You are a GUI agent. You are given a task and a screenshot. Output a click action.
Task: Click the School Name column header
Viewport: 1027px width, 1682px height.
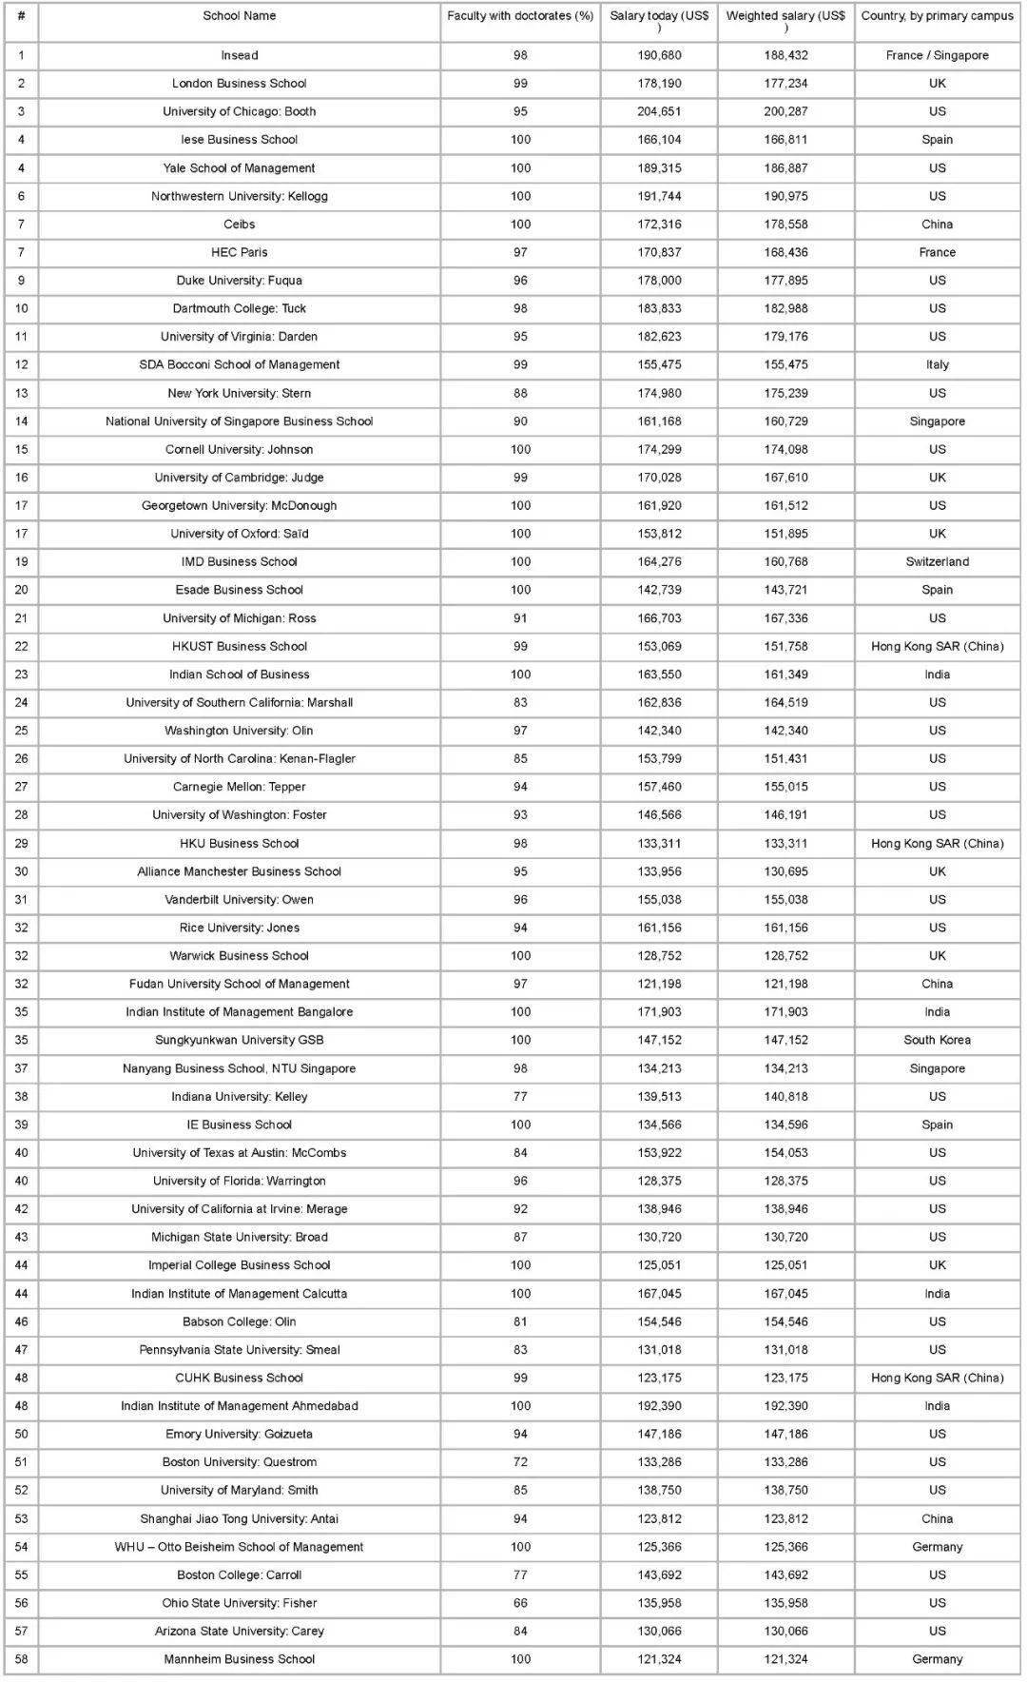pos(239,16)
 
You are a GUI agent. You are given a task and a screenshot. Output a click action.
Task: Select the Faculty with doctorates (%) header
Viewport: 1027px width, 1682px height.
pos(520,16)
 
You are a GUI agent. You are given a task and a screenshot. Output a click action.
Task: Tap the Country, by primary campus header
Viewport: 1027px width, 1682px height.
pos(937,16)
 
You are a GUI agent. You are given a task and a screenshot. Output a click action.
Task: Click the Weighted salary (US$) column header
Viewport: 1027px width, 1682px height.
pos(785,21)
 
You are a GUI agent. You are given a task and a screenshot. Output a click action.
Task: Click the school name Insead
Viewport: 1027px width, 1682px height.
pos(239,55)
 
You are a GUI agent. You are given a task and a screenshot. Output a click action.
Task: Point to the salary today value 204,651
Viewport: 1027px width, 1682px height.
pos(659,111)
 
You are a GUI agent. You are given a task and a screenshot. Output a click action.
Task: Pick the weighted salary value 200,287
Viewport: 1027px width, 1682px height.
pos(785,111)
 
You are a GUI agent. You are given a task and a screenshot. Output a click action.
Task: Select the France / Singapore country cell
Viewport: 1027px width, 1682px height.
pos(937,55)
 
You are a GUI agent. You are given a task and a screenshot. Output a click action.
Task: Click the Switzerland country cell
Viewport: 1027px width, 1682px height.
pos(937,561)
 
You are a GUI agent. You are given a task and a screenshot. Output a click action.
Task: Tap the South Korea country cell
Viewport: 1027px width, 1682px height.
pos(937,1040)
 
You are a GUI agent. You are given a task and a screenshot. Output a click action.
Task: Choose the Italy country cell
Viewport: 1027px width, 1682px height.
pos(937,364)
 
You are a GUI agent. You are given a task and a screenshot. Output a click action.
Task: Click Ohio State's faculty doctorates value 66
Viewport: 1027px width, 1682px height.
pos(520,1603)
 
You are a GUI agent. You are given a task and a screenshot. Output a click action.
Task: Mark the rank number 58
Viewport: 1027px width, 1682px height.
pos(21,1659)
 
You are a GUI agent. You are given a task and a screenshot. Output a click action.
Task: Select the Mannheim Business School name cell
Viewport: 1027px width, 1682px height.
pos(239,1659)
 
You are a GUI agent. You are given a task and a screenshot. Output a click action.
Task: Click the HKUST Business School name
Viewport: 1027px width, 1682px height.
pos(239,646)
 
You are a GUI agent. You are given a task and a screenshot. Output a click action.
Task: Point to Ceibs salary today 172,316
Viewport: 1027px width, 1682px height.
pos(659,225)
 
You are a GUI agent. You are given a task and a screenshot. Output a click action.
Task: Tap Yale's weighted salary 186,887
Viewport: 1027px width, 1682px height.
pos(785,167)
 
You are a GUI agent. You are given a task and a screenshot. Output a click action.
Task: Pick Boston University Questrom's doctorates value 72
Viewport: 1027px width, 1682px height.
pos(520,1462)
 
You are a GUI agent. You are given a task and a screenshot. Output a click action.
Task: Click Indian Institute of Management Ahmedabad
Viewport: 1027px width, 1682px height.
pos(239,1406)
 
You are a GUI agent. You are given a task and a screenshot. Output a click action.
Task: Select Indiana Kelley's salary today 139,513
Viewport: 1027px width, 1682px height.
pos(659,1096)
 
